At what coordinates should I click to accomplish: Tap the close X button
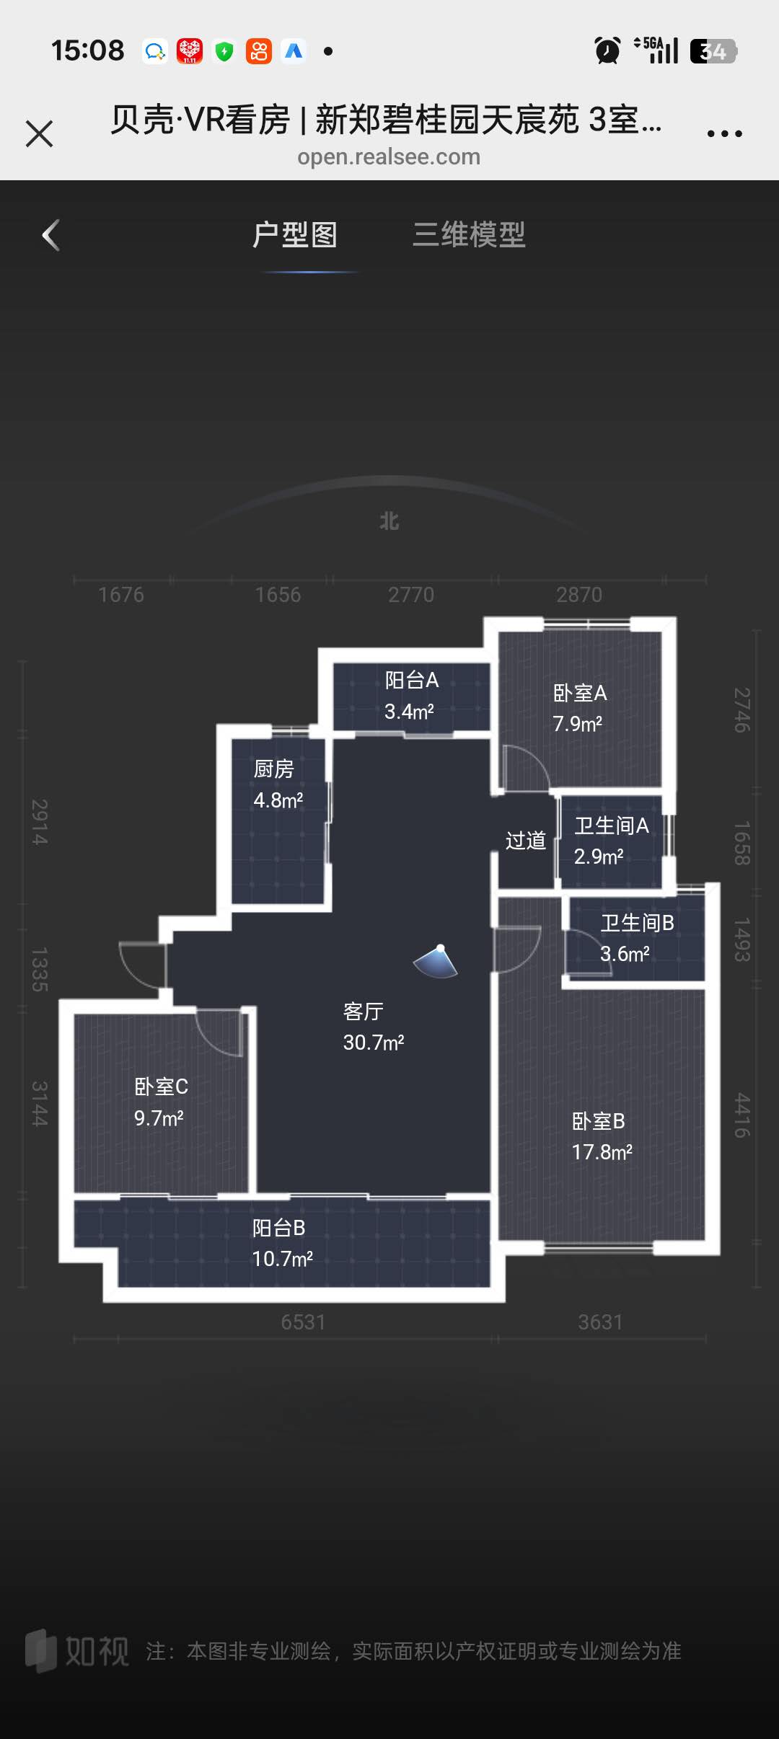coord(39,133)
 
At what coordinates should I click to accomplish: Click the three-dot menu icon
coord(724,133)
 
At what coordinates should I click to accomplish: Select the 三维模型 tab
coord(469,234)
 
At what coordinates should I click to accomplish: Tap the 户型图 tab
coord(295,234)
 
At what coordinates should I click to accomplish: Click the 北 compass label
coord(389,521)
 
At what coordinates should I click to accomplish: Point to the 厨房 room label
coord(274,769)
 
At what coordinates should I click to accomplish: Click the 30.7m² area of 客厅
coord(374,1043)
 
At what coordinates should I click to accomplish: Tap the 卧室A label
coord(580,693)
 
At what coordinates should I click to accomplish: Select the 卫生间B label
coord(638,923)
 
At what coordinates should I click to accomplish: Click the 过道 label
coord(526,841)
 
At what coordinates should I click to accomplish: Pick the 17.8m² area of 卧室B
coord(602,1152)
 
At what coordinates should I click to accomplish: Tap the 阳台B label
coord(279,1228)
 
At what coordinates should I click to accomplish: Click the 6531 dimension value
coord(304,1322)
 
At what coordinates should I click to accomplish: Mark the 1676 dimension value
coord(121,594)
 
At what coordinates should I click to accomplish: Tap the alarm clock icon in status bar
coord(607,50)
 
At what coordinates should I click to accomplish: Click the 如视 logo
coord(77,1650)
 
